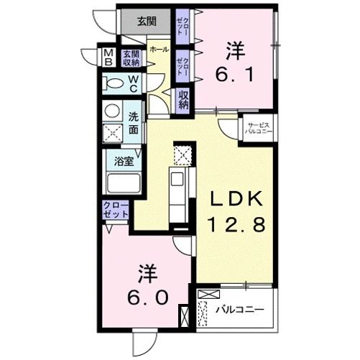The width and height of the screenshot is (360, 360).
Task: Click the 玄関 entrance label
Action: [147, 21]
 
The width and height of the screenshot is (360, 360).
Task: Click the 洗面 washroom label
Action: [134, 124]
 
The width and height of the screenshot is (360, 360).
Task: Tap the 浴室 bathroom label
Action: [124, 162]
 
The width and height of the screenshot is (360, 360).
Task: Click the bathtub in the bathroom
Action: [124, 183]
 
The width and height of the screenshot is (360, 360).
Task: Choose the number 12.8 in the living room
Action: [237, 225]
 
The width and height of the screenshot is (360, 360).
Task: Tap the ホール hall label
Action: [160, 50]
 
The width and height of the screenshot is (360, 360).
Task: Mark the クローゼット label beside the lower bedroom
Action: [115, 212]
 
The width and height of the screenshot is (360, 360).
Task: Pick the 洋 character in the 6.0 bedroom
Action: [148, 273]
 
